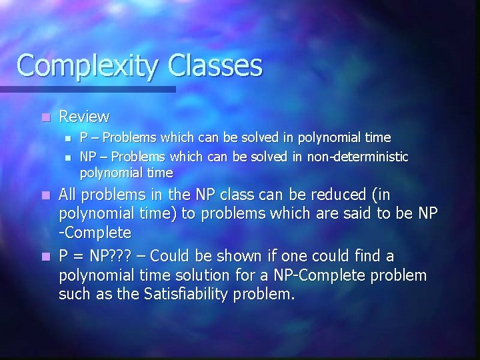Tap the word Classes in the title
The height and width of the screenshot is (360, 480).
tap(216, 65)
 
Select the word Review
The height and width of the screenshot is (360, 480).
tap(84, 117)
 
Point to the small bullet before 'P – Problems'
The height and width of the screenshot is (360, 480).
tap(67, 138)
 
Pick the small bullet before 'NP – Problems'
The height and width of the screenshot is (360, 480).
tap(67, 157)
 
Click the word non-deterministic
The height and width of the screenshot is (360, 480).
tap(357, 156)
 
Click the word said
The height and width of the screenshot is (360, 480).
tap(361, 214)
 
